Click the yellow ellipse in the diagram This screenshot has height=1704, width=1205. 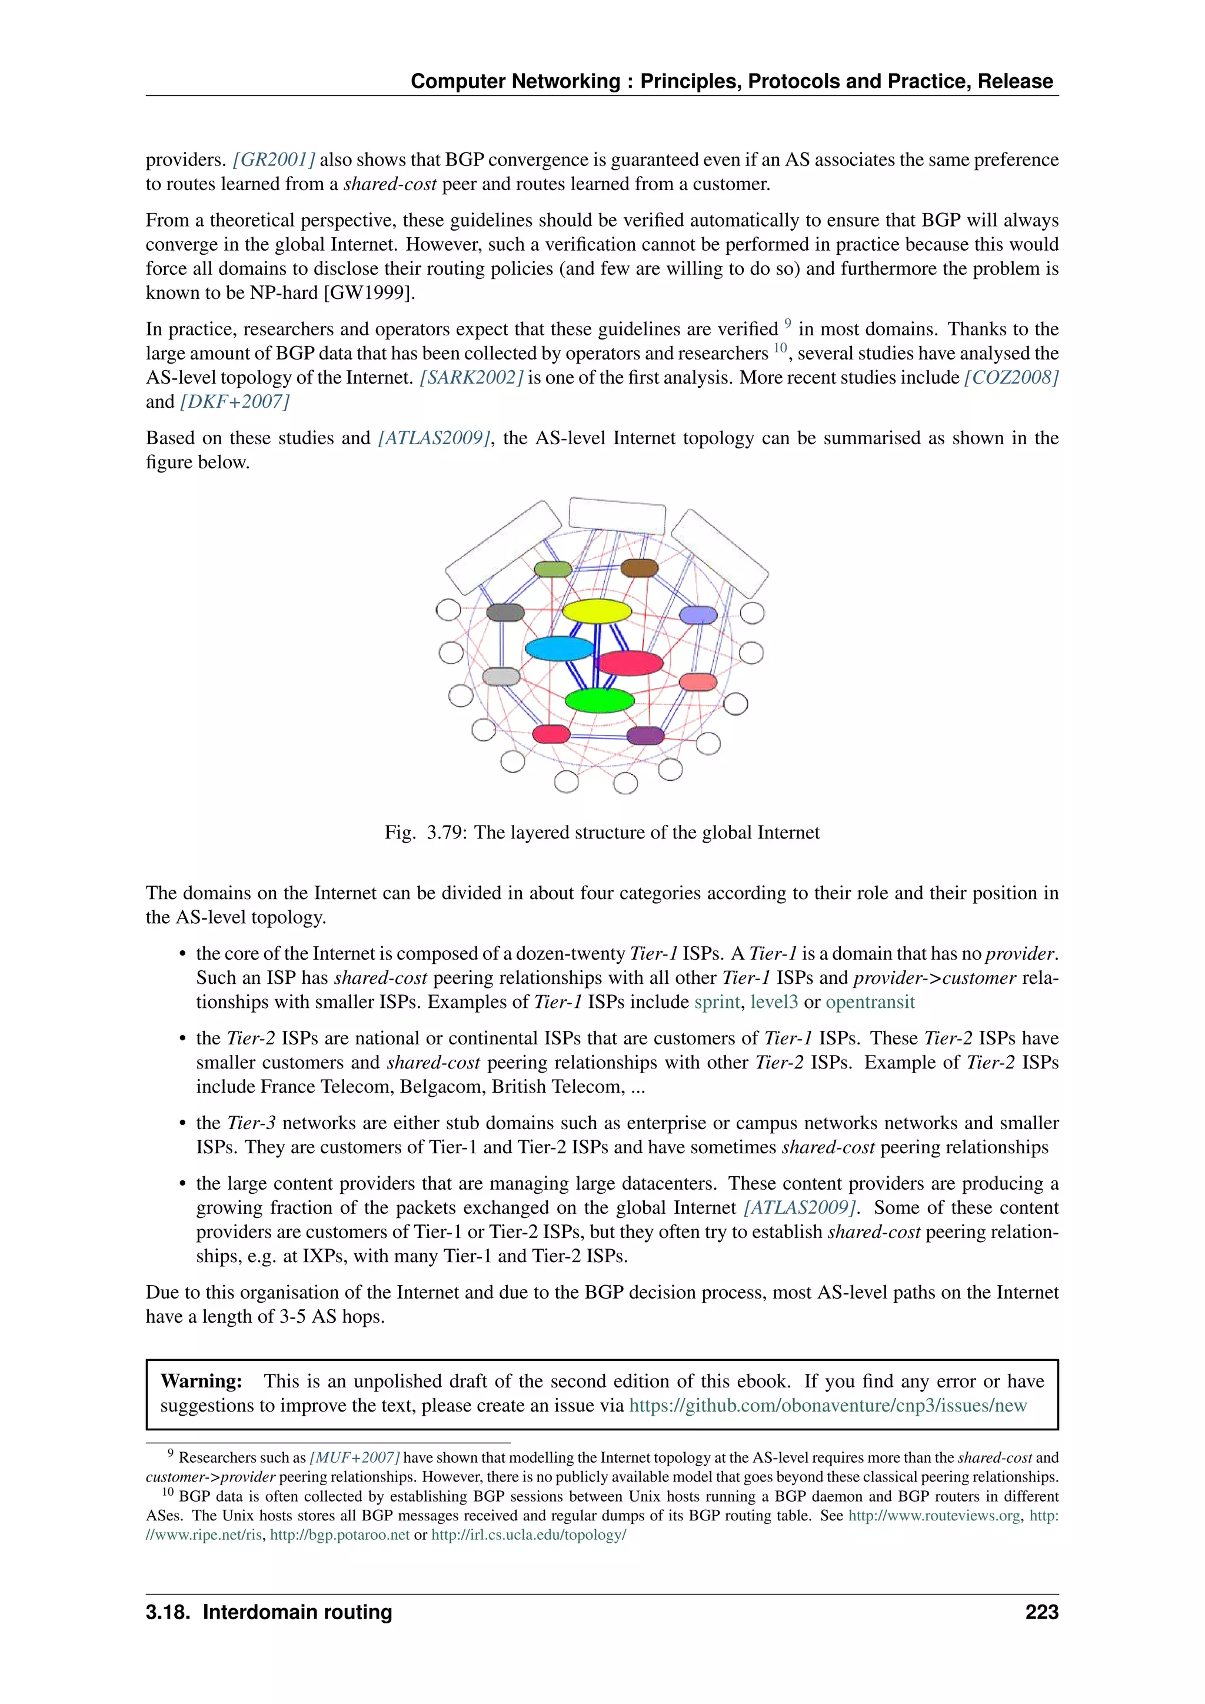pyautogui.click(x=597, y=611)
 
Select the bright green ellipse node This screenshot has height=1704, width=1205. pyautogui.click(x=600, y=700)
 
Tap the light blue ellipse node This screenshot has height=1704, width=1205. pyautogui.click(x=560, y=648)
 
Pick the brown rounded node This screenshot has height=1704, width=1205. pyautogui.click(x=639, y=568)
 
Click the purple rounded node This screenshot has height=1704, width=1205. pyautogui.click(x=645, y=735)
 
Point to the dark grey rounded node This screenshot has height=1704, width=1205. pyautogui.click(x=505, y=613)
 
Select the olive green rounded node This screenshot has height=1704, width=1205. pyautogui.click(x=553, y=569)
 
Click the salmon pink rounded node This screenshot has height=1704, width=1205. pyautogui.click(x=697, y=682)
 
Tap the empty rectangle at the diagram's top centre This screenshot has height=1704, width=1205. pyautogui.click(x=617, y=515)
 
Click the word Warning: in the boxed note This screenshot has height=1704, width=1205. pyautogui.click(x=201, y=1381)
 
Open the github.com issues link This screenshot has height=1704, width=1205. pyautogui.click(x=827, y=1406)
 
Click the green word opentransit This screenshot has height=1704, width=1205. pyautogui.click(x=870, y=1002)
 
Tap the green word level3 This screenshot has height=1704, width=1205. pyautogui.click(x=773, y=1002)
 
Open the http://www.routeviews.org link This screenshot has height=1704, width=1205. pyautogui.click(x=933, y=1516)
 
